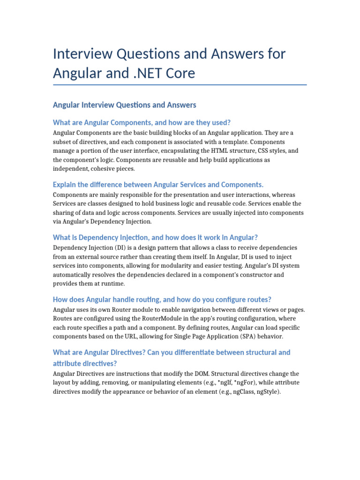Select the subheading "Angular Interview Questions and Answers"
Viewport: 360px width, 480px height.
point(125,105)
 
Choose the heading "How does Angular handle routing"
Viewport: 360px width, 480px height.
point(162,300)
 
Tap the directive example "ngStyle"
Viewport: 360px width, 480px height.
point(267,392)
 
